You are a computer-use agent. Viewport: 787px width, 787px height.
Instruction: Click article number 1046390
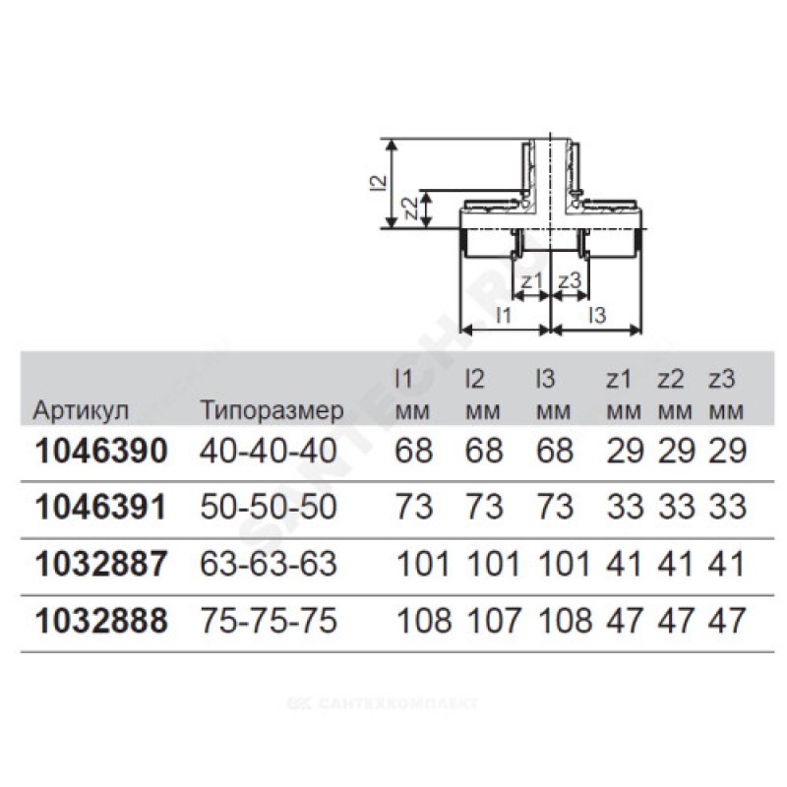[x=101, y=451]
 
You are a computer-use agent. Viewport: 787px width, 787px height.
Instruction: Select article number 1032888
[x=101, y=621]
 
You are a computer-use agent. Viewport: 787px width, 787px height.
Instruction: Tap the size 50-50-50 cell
[x=268, y=507]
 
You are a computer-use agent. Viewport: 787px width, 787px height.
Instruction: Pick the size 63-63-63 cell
[x=268, y=564]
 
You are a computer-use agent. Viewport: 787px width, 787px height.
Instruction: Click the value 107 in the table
[x=494, y=621]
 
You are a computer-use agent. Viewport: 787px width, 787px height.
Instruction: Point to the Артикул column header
[x=81, y=411]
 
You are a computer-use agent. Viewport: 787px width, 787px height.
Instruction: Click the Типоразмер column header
[x=272, y=411]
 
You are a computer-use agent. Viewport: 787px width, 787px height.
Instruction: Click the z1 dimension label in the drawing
[x=531, y=280]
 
